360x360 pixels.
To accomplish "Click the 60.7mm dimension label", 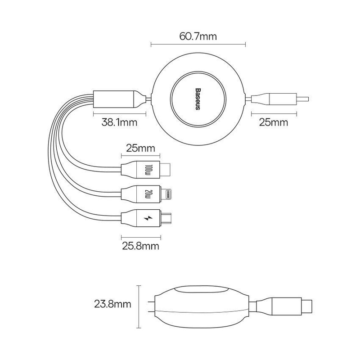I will click(x=198, y=36).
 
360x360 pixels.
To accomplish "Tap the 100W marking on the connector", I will click(x=149, y=170).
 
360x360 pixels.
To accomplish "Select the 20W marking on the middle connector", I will click(x=149, y=194).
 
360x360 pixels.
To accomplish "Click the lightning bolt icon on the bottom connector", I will click(x=149, y=219).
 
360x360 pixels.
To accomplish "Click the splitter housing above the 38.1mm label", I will click(x=114, y=98).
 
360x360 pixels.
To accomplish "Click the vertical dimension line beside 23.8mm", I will click(x=139, y=305).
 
